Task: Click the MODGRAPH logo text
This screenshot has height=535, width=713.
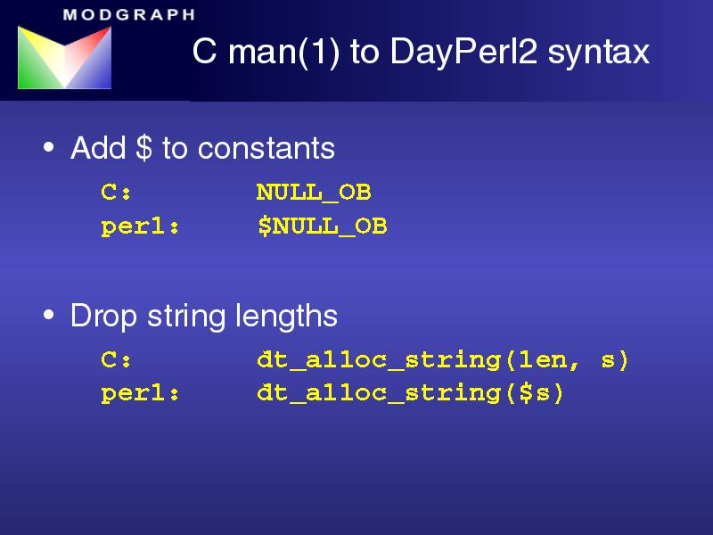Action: (129, 15)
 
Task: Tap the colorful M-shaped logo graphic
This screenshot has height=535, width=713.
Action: (64, 57)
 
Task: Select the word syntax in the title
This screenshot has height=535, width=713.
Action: (598, 53)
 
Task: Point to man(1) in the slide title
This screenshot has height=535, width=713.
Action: (284, 52)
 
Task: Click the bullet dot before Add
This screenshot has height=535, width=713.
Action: (49, 147)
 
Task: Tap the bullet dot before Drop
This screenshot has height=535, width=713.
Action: (49, 315)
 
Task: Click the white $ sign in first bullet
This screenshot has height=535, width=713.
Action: (143, 147)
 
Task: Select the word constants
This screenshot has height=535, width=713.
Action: (266, 148)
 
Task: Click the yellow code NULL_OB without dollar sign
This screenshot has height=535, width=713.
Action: (314, 193)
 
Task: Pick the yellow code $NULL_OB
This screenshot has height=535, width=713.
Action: (322, 226)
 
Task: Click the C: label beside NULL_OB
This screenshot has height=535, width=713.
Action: (116, 192)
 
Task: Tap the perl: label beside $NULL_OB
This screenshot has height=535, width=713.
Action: (140, 227)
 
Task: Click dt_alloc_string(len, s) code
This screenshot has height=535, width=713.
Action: (442, 360)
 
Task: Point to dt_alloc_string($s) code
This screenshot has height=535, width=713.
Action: (410, 393)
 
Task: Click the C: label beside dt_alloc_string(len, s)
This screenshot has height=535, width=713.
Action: (116, 360)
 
